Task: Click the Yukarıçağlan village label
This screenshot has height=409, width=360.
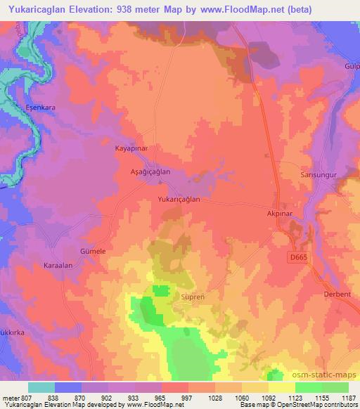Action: [179, 200]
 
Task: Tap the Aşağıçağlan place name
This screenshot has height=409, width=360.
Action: [150, 171]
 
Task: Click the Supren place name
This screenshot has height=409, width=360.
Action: [192, 297]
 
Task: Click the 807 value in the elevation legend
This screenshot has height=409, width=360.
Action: [27, 397]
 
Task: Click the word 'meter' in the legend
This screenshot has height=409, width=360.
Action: [11, 397]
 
